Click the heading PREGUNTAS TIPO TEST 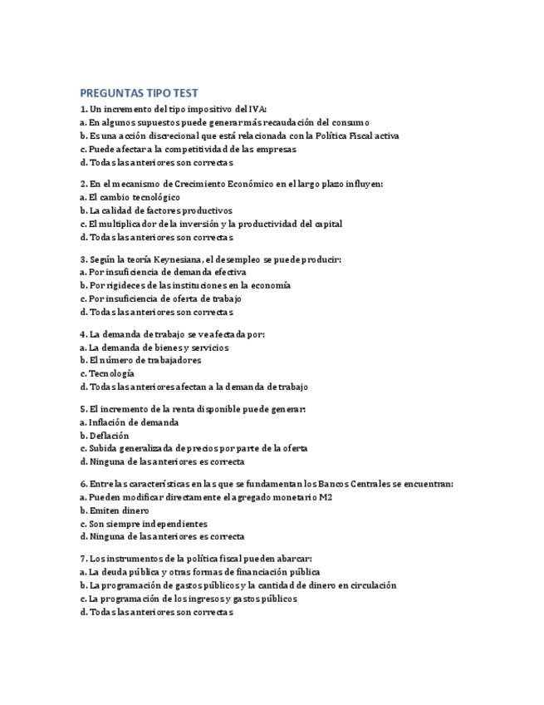(x=139, y=93)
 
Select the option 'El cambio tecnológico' (x=134, y=197)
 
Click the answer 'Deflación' (x=109, y=435)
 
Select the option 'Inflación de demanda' (x=133, y=422)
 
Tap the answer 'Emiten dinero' (x=119, y=510)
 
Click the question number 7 (x=83, y=559)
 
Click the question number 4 (x=83, y=334)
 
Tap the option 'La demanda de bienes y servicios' (x=159, y=348)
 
